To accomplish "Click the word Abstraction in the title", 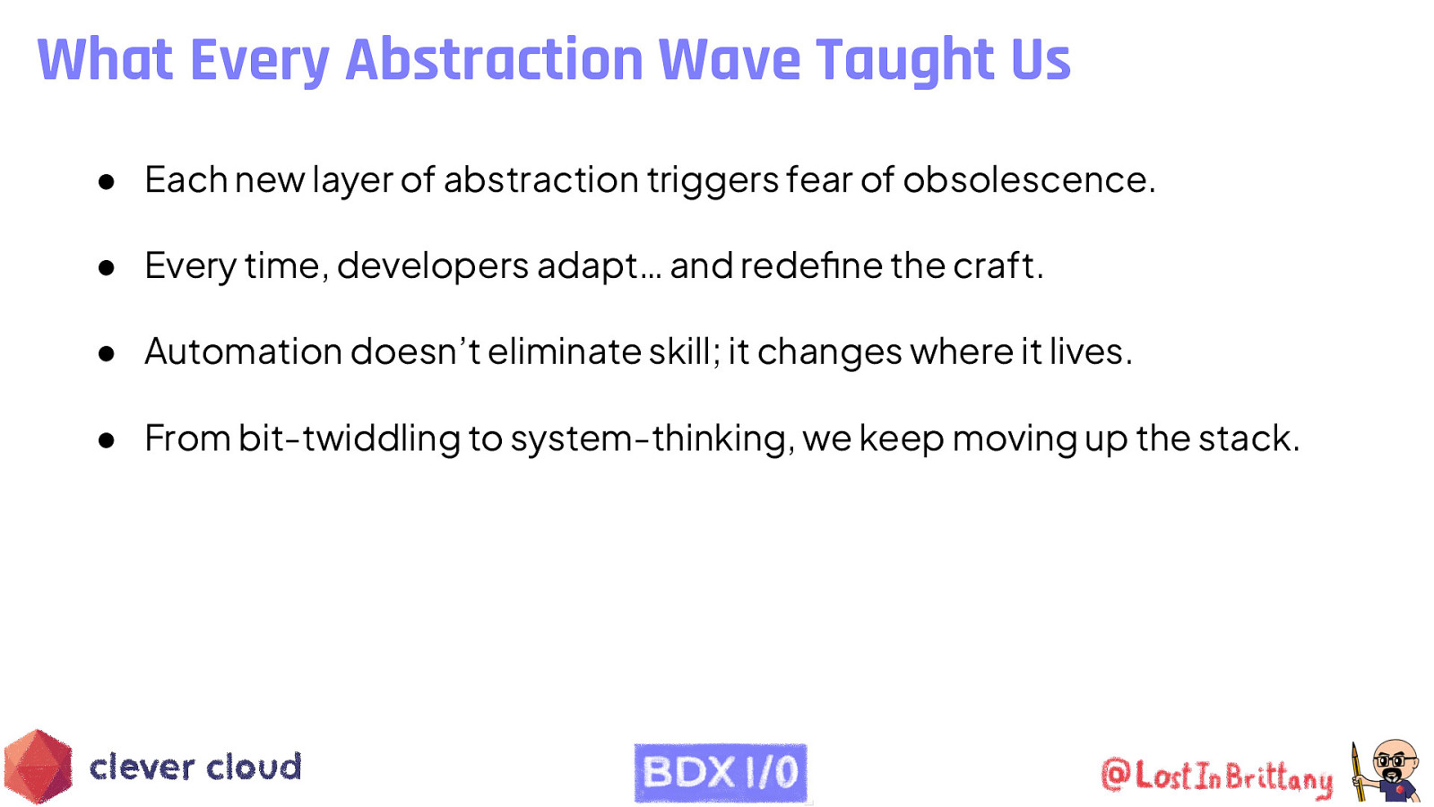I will pyautogui.click(x=494, y=60).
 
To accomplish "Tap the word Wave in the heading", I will pyautogui.click(x=730, y=60).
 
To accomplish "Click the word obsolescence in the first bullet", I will pyautogui.click(x=1025, y=180).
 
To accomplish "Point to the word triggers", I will pyautogui.click(x=713, y=180).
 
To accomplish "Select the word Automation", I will pyautogui.click(x=243, y=351).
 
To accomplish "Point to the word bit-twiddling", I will pyautogui.click(x=350, y=438).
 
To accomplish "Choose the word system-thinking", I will pyautogui.click(x=649, y=438).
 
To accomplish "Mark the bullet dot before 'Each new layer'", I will pyautogui.click(x=107, y=182).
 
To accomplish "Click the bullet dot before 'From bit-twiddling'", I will pyautogui.click(x=107, y=440).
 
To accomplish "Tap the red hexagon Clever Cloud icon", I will pyautogui.click(x=38, y=767).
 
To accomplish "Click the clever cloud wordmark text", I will pyautogui.click(x=195, y=768).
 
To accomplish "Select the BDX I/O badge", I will pyautogui.click(x=721, y=772).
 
